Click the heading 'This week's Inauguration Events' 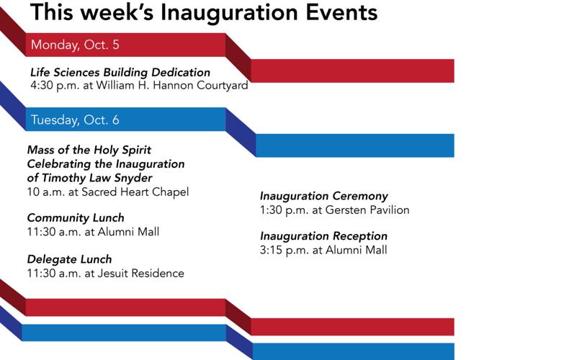(x=204, y=12)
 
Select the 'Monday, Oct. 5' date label (x=75, y=45)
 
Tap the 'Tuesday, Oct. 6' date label (x=75, y=120)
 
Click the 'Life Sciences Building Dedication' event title (x=120, y=73)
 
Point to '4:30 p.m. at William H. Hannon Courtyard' (x=139, y=86)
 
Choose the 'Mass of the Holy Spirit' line (x=89, y=150)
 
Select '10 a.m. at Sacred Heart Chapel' (x=108, y=192)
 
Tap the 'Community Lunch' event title (x=76, y=218)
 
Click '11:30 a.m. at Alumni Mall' (x=93, y=232)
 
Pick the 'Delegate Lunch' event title (x=69, y=259)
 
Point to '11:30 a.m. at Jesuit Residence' (x=105, y=273)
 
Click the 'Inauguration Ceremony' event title (x=324, y=197)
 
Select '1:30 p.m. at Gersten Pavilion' (x=334, y=210)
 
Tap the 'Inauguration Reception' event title (x=323, y=236)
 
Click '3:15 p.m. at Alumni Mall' (x=323, y=250)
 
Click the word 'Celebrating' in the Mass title (x=60, y=164)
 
